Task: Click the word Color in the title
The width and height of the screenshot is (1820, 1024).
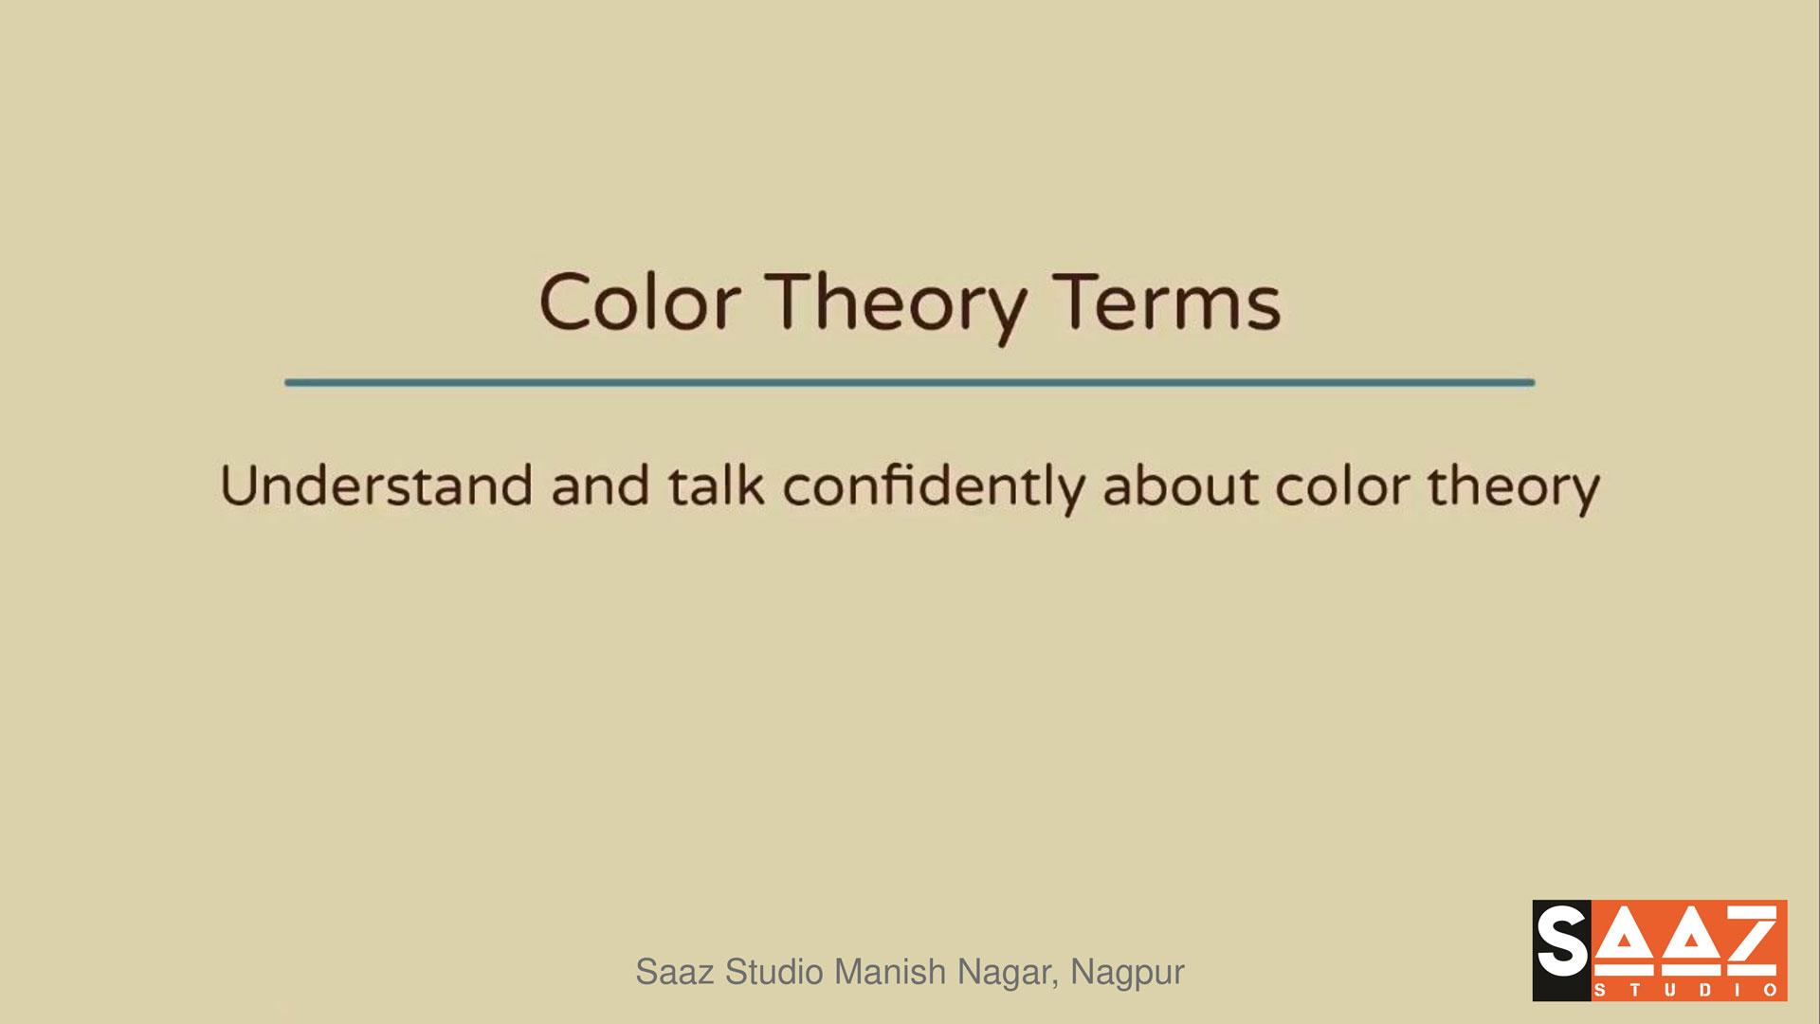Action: (640, 302)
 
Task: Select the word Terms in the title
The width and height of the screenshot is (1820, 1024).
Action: (1167, 302)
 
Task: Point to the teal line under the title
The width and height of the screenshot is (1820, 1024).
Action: (909, 382)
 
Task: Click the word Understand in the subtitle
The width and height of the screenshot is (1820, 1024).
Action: (376, 485)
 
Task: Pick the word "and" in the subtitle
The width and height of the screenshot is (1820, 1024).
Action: (600, 485)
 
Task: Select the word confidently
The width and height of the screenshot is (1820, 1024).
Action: (934, 488)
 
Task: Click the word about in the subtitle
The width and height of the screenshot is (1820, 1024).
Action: (1179, 485)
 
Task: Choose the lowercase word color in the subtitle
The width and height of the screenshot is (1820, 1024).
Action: (1342, 485)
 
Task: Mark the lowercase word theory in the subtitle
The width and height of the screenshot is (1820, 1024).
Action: (1514, 489)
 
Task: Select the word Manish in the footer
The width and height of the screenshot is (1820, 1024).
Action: (890, 972)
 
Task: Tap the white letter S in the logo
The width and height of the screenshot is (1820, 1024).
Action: (1561, 941)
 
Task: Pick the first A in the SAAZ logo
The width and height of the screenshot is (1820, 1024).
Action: (1623, 942)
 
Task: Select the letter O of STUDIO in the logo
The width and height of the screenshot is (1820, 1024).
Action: (1770, 990)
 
